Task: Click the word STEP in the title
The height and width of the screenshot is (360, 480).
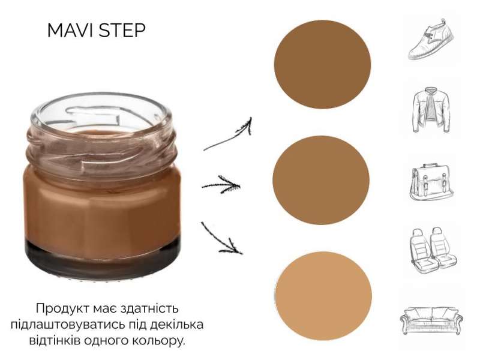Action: pyautogui.click(x=122, y=31)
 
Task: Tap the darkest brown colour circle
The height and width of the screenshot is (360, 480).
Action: pyautogui.click(x=322, y=64)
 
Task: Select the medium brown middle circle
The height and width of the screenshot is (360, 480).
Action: pyautogui.click(x=321, y=180)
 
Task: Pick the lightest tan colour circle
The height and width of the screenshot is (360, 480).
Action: pyautogui.click(x=323, y=296)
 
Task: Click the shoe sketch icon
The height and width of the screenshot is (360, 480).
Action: pyautogui.click(x=431, y=39)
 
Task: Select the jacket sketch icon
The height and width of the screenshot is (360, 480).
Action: pyautogui.click(x=431, y=110)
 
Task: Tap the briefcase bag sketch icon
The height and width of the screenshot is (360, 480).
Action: pyautogui.click(x=431, y=182)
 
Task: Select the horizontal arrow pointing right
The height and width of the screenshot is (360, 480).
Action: pyautogui.click(x=221, y=185)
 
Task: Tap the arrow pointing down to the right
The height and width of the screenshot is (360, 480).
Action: pyautogui.click(x=221, y=239)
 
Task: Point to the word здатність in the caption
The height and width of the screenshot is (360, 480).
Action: pyautogui.click(x=149, y=308)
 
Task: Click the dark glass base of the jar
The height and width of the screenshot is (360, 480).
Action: pyautogui.click(x=103, y=259)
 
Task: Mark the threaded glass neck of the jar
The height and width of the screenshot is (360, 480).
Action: pyautogui.click(x=101, y=147)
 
